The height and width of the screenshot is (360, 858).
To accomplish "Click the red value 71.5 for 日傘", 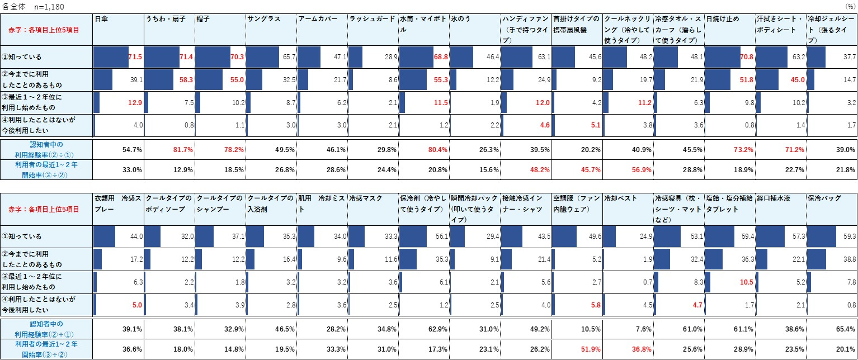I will coord(135,57).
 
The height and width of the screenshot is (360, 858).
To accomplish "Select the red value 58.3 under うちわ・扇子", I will coord(186,80).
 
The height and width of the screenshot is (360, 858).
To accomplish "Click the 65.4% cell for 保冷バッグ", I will coord(845,329).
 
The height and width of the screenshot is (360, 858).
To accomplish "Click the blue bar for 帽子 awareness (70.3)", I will coord(213,57).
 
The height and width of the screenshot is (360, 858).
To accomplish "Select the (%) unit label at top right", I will coord(850,6).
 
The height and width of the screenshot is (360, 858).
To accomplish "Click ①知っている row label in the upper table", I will coord(23,57).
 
